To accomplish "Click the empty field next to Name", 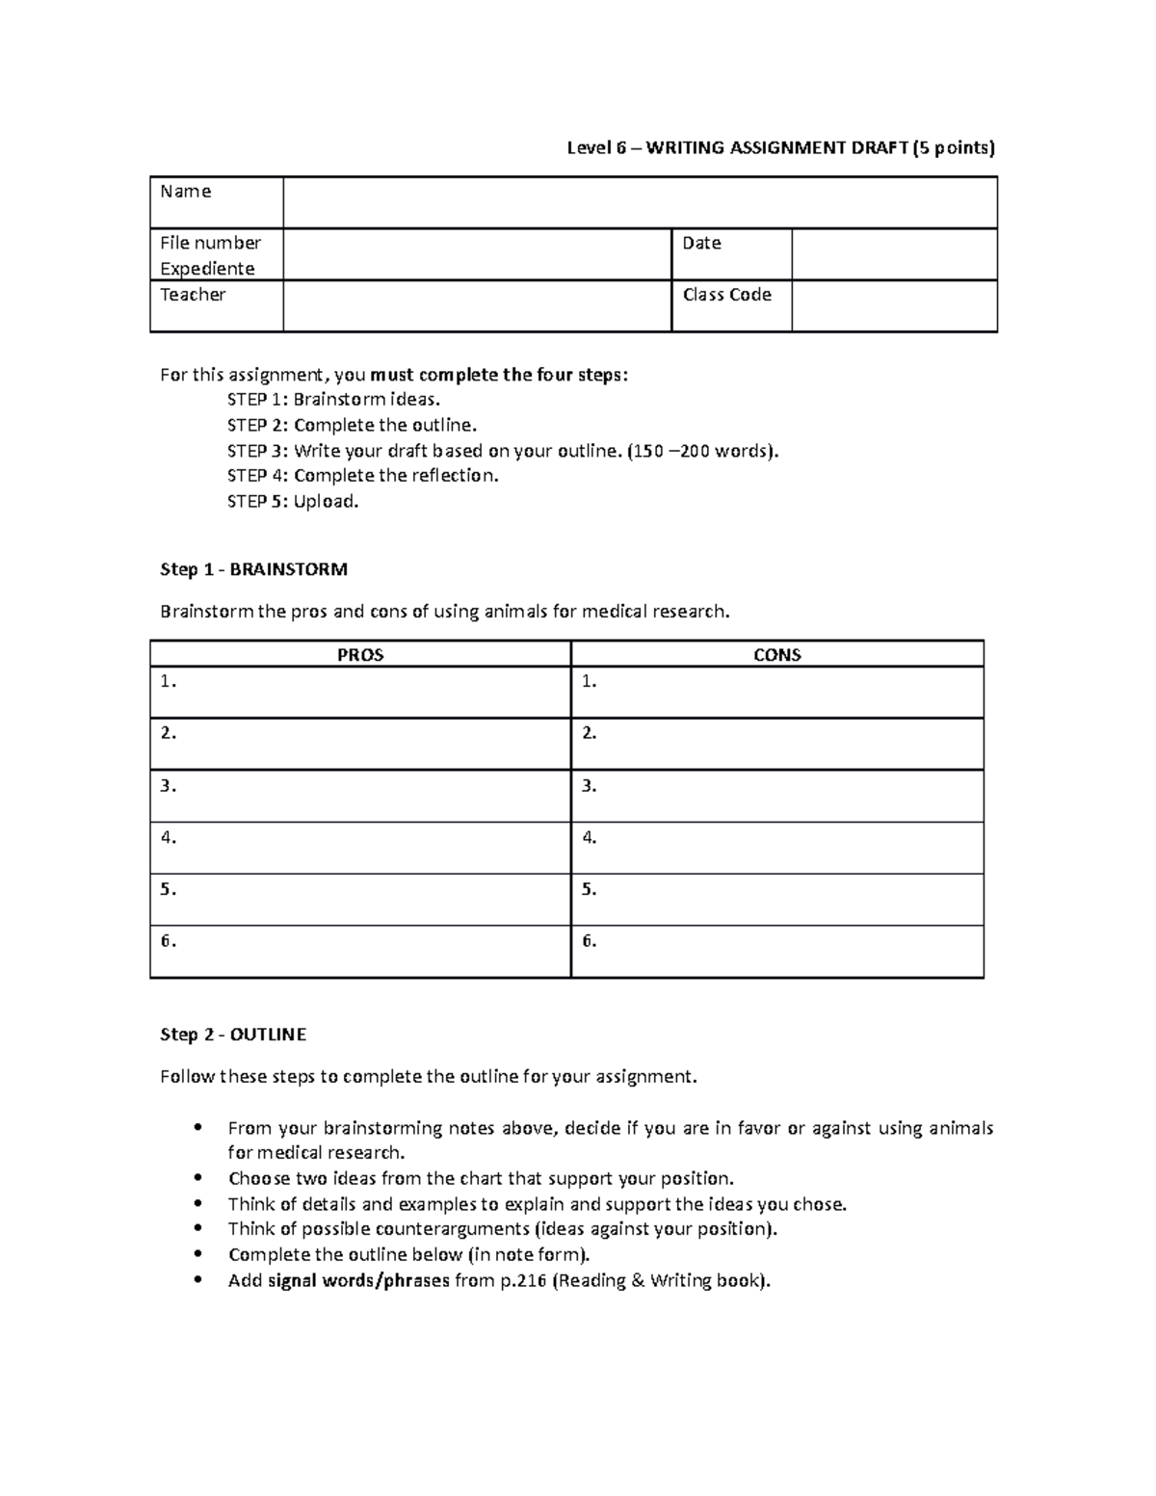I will tap(640, 202).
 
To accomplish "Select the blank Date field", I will tap(894, 254).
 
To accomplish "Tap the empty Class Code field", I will tap(894, 306).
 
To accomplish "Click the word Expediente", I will tap(207, 269).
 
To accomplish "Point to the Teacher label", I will tap(193, 295).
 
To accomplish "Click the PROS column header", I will tap(360, 655).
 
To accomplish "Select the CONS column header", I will tap(776, 655).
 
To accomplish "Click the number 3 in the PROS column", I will tap(169, 785).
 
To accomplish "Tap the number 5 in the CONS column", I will tap(589, 889).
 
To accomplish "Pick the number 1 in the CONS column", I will tap(589, 681).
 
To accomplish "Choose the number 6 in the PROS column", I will tap(169, 941).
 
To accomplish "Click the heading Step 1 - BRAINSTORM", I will tap(253, 569).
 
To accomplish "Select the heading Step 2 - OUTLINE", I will tap(232, 1035).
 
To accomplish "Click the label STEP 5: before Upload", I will tap(257, 501).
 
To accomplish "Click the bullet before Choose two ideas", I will tap(197, 1178).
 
